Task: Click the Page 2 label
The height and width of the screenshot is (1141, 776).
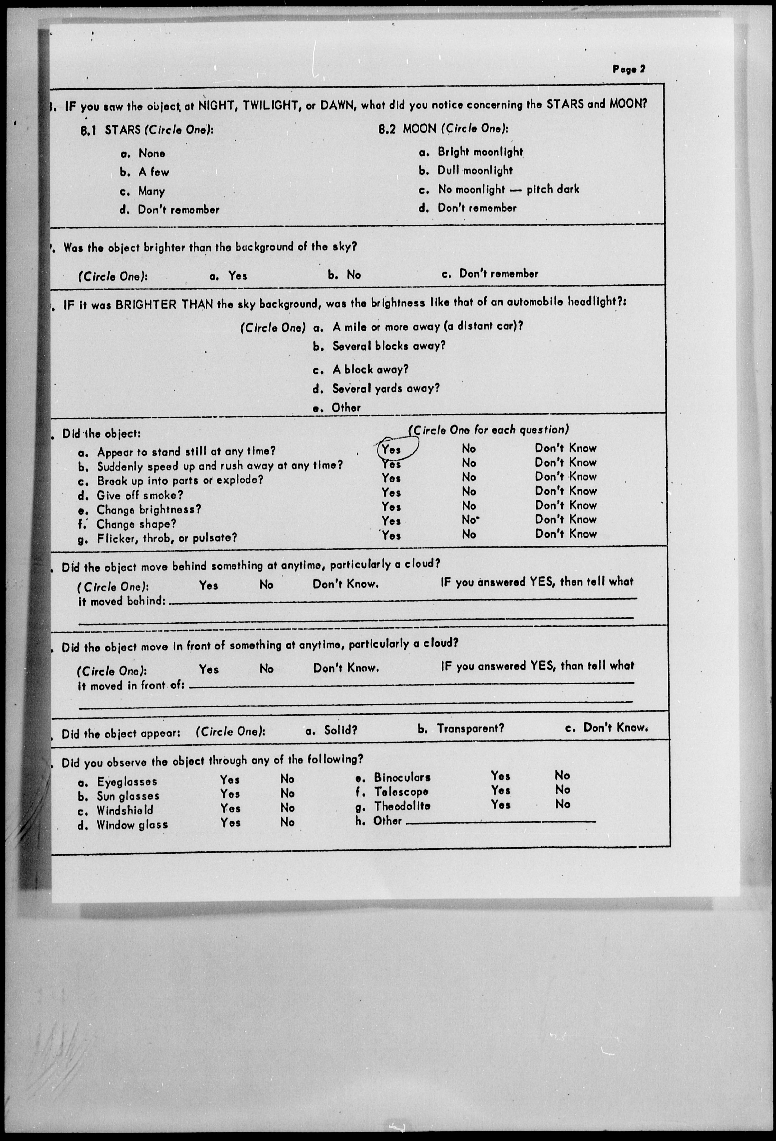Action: pos(628,69)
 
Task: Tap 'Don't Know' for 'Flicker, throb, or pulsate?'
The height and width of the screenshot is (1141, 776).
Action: pos(566,534)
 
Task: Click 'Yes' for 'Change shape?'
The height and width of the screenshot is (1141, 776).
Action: pos(391,520)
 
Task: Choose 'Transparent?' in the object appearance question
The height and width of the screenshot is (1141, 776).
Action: pos(470,728)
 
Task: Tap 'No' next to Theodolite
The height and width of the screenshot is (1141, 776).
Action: pos(562,804)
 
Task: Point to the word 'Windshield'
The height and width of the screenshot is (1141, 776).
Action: pos(125,810)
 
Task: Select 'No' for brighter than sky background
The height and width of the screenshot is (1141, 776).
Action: pos(354,274)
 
